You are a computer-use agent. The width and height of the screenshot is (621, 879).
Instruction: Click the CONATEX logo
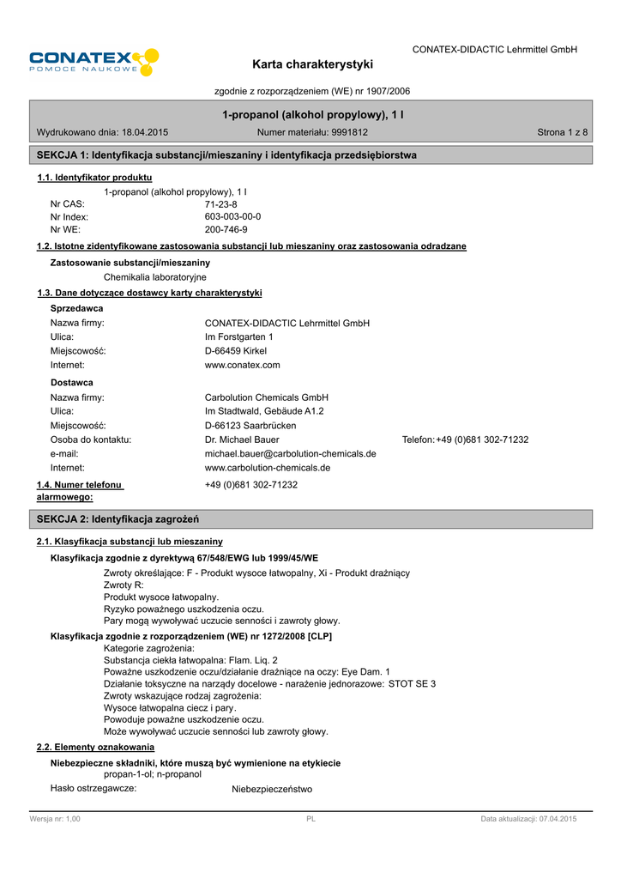[x=93, y=62]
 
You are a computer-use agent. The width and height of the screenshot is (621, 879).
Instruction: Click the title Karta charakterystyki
[x=312, y=64]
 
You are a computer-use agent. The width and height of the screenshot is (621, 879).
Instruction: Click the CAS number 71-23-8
[x=221, y=204]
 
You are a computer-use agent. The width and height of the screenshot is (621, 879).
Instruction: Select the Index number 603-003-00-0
[x=233, y=217]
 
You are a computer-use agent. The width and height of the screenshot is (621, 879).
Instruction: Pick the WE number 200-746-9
[x=226, y=230]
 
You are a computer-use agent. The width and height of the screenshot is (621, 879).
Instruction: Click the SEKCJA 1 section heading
[x=226, y=155]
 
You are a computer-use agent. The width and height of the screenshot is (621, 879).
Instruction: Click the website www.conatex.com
[x=243, y=365]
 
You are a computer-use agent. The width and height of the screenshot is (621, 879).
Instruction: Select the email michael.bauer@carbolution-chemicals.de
[x=290, y=453]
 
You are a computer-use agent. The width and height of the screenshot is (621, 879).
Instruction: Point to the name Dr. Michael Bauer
[x=242, y=439]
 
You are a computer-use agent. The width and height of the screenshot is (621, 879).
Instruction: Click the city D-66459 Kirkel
[x=236, y=351]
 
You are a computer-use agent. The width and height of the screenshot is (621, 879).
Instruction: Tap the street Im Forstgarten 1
[x=239, y=337]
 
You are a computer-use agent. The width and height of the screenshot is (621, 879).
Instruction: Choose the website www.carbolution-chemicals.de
[x=268, y=468]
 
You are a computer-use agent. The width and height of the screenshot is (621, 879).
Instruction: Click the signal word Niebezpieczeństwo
[x=272, y=789]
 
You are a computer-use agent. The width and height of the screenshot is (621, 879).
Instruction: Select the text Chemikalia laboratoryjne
[x=155, y=277]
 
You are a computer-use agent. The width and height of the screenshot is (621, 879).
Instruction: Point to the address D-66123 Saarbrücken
[x=250, y=426]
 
